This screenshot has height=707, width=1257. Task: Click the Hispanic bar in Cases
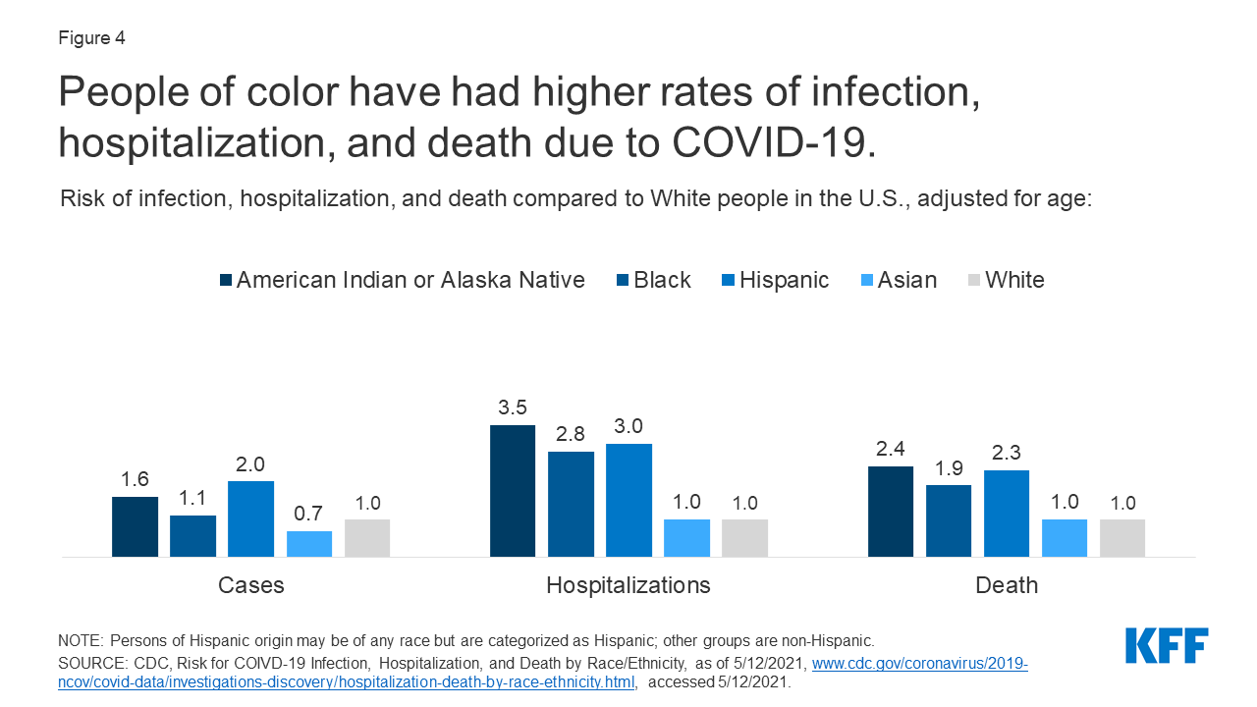click(251, 518)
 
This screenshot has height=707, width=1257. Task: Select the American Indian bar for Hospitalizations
click(513, 491)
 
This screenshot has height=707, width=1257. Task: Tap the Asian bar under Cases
click(309, 544)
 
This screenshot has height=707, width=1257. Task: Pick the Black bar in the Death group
click(949, 520)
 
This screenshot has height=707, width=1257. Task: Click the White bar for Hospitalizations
click(744, 538)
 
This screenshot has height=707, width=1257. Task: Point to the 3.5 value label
click(513, 407)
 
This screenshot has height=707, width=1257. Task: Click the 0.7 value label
click(309, 513)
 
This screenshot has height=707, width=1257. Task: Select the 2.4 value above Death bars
click(891, 448)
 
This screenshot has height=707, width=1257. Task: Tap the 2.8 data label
click(571, 433)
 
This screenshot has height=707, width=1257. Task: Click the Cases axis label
click(251, 585)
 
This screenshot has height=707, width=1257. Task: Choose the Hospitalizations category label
click(628, 585)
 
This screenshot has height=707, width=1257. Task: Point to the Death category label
click(1007, 585)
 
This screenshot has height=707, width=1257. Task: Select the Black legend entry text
click(663, 280)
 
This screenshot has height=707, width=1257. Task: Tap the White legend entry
click(1014, 280)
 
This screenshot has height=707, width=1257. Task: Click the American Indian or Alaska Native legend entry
click(410, 280)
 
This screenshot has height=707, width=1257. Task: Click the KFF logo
click(1167, 646)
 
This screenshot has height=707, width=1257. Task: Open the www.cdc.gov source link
click(919, 664)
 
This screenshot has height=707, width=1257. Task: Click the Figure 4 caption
click(91, 38)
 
